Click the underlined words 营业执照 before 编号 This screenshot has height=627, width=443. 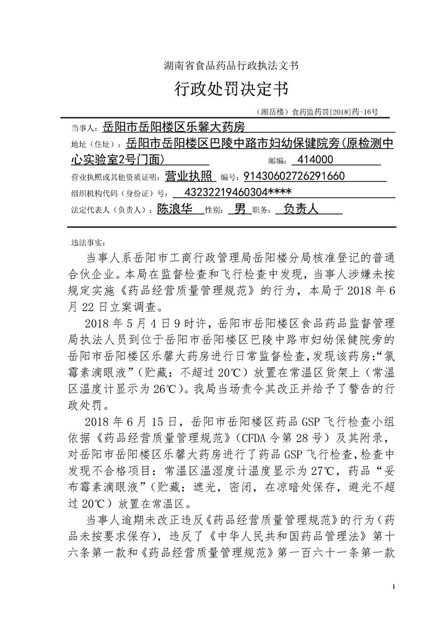(190, 177)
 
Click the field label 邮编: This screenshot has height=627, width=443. (277, 161)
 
